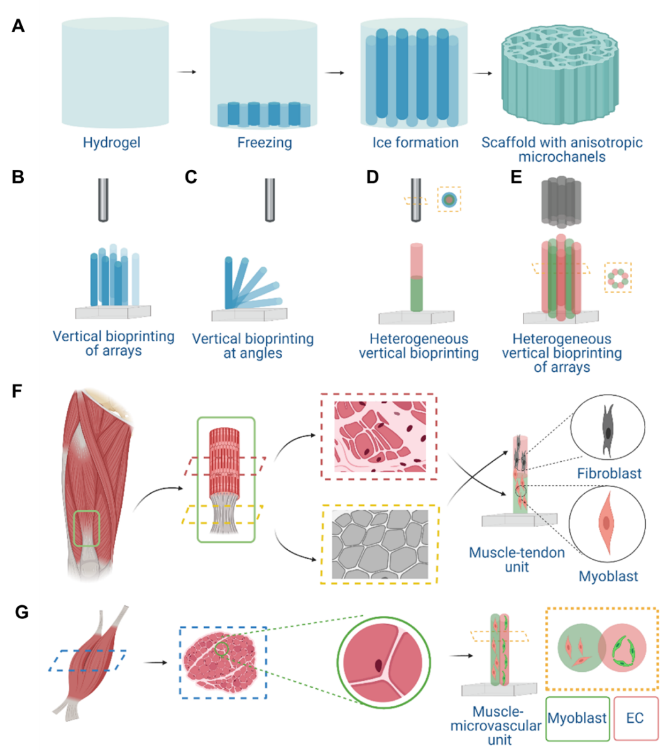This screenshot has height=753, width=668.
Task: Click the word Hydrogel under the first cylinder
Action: coord(111,143)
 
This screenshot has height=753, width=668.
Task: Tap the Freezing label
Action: coord(264,143)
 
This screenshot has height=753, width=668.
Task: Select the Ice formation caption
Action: coord(415,143)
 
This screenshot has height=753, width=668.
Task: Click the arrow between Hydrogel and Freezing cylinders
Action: coord(186,72)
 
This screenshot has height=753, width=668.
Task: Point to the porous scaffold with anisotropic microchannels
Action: coord(561,75)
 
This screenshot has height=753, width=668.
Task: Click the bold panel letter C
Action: coord(191,177)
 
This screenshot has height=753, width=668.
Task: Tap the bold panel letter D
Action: coord(373,177)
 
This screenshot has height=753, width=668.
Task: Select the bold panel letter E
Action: coord(516,177)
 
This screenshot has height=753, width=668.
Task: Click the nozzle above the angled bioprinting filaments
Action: coord(270,199)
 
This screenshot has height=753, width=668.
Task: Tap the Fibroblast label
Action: coord(609,473)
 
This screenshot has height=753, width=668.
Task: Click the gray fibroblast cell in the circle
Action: coord(607,430)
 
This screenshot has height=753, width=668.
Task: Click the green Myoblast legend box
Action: coord(577,718)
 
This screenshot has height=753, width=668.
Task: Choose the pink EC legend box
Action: coord(635,718)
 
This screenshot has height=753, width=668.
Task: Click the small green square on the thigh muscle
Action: coord(87,528)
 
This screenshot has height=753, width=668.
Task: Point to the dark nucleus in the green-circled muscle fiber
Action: coord(378,664)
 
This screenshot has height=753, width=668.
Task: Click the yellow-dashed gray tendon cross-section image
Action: coord(380,544)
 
